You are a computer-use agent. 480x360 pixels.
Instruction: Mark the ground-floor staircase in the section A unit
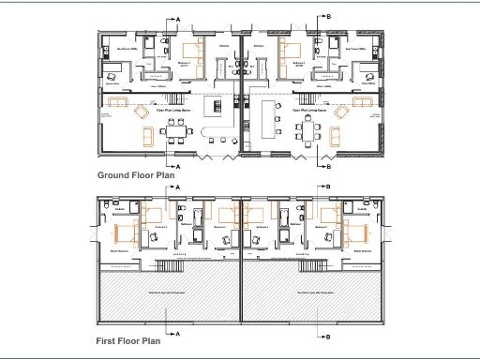pos(222,69)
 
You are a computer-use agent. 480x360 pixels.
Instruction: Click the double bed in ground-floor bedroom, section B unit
pos(292,51)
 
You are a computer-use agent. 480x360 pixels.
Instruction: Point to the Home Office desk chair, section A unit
pos(113,77)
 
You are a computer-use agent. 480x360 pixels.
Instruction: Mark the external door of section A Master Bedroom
pos(98,233)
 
